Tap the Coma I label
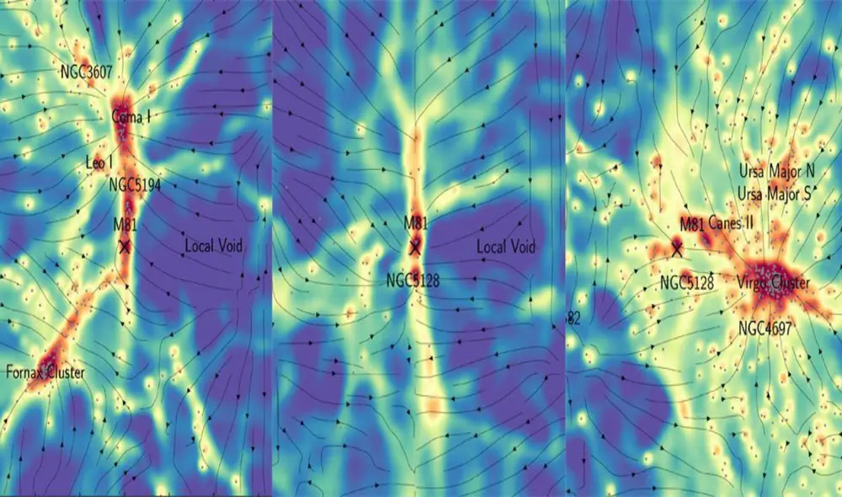click(131, 117)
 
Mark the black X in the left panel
click(125, 247)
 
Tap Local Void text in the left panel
click(214, 246)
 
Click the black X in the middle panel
click(414, 247)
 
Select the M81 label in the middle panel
click(414, 224)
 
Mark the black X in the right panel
click(676, 248)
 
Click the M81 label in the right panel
click(692, 223)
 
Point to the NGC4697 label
click(764, 329)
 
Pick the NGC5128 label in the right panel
click(687, 282)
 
